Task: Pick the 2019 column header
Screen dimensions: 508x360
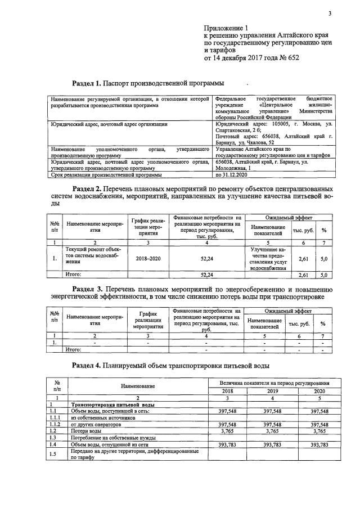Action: (x=273, y=390)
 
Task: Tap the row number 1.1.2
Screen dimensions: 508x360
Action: (x=56, y=425)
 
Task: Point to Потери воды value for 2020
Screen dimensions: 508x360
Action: (x=319, y=431)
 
